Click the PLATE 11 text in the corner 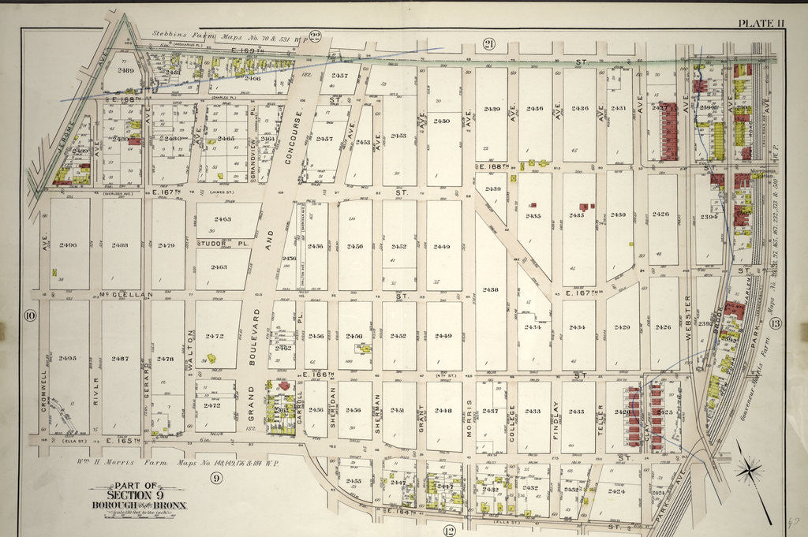(x=761, y=23)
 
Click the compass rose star (x=749, y=471)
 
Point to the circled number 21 (x=489, y=44)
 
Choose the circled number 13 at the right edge (x=775, y=323)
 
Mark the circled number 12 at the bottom (x=450, y=529)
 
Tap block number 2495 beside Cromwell (x=68, y=358)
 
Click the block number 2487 (x=120, y=358)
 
